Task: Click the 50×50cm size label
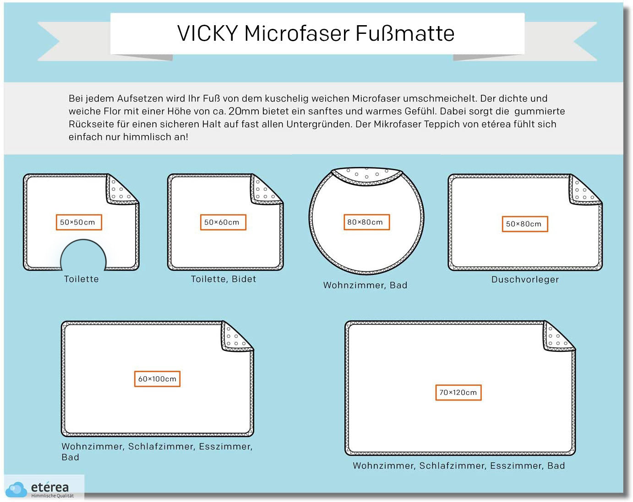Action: pyautogui.click(x=79, y=222)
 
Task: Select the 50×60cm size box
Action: pyautogui.click(x=223, y=222)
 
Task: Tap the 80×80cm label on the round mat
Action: pyautogui.click(x=366, y=222)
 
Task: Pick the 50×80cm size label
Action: pyautogui.click(x=525, y=224)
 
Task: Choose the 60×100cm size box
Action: pyautogui.click(x=157, y=379)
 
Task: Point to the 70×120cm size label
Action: pyautogui.click(x=458, y=392)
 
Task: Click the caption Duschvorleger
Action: pyautogui.click(x=525, y=280)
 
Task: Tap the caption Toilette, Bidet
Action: pyautogui.click(x=224, y=279)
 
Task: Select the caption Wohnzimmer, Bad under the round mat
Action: pyautogui.click(x=366, y=285)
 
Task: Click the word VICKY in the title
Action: pyautogui.click(x=207, y=33)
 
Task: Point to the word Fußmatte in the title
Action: pyautogui.click(x=405, y=33)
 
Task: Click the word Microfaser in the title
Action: pyautogui.click(x=297, y=33)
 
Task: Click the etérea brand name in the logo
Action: pyautogui.click(x=50, y=487)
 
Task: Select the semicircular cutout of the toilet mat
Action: pyautogui.click(x=83, y=254)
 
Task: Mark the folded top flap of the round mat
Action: pyautogui.click(x=367, y=177)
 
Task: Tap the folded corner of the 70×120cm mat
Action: pyautogui.click(x=559, y=336)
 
